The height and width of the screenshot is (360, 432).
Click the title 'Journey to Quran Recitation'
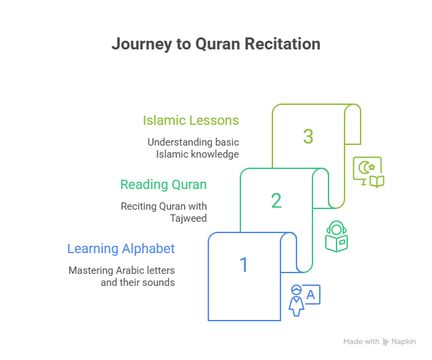(x=216, y=45)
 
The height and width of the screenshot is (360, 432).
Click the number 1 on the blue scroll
(x=244, y=265)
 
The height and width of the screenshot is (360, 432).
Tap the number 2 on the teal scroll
(x=276, y=200)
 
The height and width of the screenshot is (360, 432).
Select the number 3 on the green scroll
(x=308, y=137)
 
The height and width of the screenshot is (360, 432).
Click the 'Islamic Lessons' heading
(x=191, y=121)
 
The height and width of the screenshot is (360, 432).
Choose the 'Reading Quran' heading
(x=164, y=184)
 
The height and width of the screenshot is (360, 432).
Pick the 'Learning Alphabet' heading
(x=121, y=249)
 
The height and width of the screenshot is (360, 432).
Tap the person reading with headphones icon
(x=336, y=236)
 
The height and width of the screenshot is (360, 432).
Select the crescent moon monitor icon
(x=368, y=172)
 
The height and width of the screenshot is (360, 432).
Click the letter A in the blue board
(x=312, y=293)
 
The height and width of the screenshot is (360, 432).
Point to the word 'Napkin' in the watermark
(x=405, y=341)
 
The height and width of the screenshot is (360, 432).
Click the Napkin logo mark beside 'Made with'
(x=386, y=342)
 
